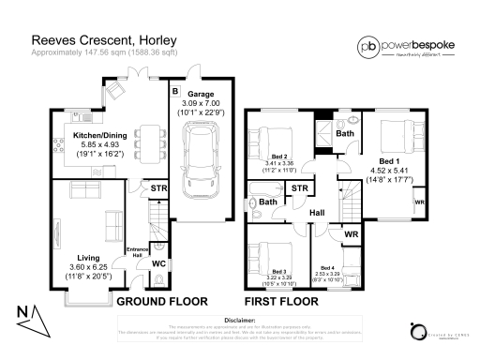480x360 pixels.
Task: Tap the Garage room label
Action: click(x=200, y=95)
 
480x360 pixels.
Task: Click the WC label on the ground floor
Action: click(x=147, y=264)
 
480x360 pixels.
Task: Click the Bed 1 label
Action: click(x=385, y=161)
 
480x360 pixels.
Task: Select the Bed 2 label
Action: click(x=278, y=157)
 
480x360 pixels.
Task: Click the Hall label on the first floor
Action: click(x=317, y=213)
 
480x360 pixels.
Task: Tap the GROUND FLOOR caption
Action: click(x=157, y=303)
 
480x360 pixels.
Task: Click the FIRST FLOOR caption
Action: click(x=285, y=303)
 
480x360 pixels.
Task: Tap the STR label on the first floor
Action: click(x=300, y=188)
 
